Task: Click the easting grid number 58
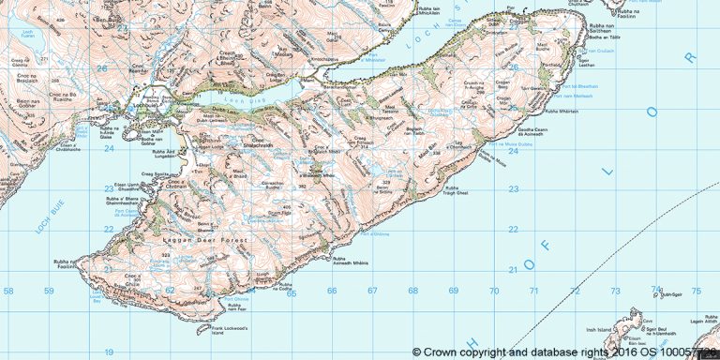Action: [x=9, y=291]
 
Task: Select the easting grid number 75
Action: [x=697, y=291]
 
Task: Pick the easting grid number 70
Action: [x=494, y=291]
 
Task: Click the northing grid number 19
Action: [x=109, y=352]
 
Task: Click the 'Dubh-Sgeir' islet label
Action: [x=669, y=294]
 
